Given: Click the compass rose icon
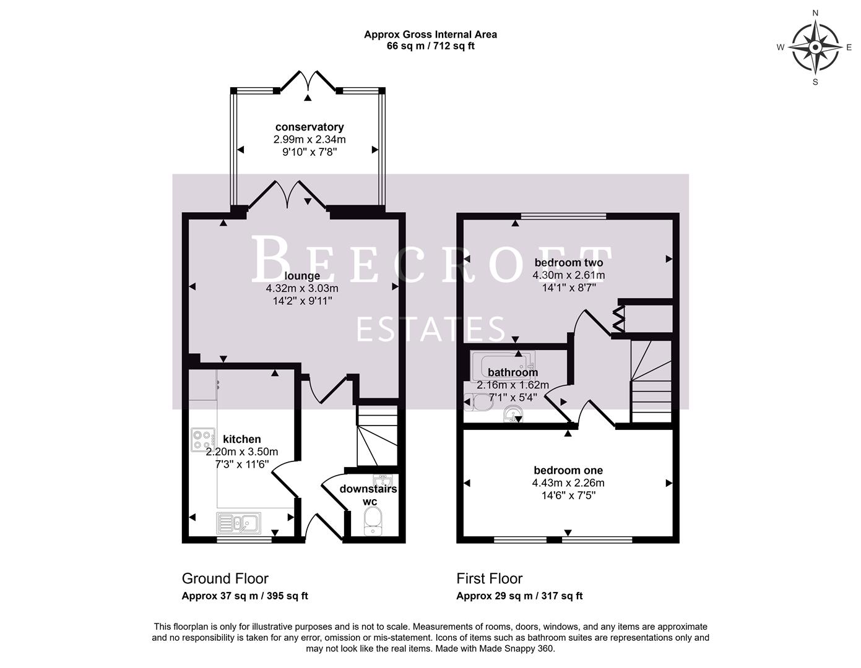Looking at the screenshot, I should pyautogui.click(x=815, y=47).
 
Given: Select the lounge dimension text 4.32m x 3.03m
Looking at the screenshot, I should pyautogui.click(x=302, y=288).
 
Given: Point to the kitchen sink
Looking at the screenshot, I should pyautogui.click(x=238, y=523).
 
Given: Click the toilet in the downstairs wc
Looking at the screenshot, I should pyautogui.click(x=371, y=521).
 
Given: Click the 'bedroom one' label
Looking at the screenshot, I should pyautogui.click(x=568, y=471).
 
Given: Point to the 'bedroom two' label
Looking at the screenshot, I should pyautogui.click(x=569, y=263).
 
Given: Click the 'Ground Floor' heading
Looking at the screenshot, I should pyautogui.click(x=225, y=578).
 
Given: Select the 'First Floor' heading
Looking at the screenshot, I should pyautogui.click(x=489, y=578).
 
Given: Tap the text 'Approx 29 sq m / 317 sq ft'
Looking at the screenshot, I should pyautogui.click(x=519, y=596).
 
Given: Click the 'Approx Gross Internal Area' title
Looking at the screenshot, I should pyautogui.click(x=430, y=35).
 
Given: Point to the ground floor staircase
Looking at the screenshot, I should pyautogui.click(x=376, y=436).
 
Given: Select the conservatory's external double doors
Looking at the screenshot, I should pyautogui.click(x=308, y=83).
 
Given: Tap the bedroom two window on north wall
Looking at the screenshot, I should pyautogui.click(x=563, y=216).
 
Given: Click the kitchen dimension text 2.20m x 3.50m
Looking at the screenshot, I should pyautogui.click(x=242, y=452).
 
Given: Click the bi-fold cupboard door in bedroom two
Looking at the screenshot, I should pyautogui.click(x=619, y=319).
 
